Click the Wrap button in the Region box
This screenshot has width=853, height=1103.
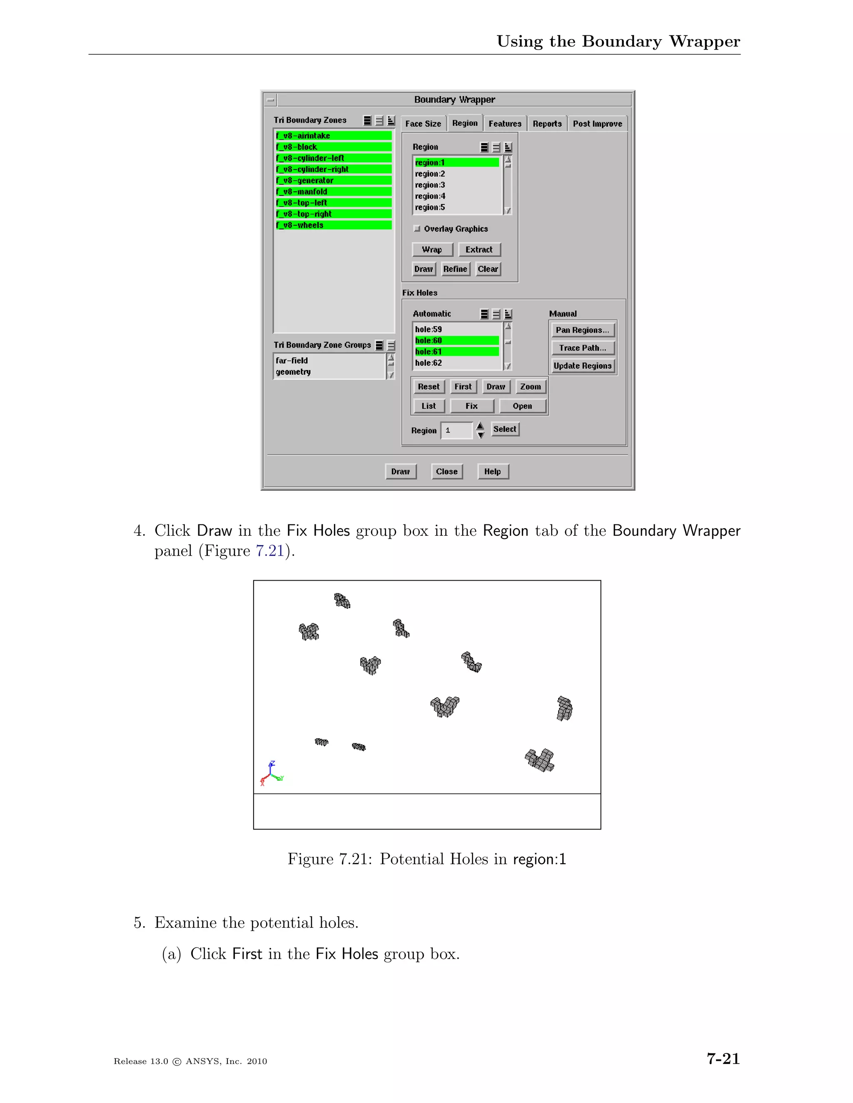click(432, 249)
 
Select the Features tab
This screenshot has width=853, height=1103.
click(504, 124)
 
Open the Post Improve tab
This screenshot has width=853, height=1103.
click(597, 124)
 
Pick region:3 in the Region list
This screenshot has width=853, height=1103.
click(430, 185)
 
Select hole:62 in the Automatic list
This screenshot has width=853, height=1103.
click(429, 363)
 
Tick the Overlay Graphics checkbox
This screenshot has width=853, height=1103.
click(417, 229)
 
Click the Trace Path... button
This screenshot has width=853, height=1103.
click(582, 348)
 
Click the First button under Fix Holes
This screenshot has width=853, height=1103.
click(462, 387)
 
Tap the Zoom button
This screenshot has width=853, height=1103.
click(530, 387)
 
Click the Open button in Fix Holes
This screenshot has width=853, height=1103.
click(522, 406)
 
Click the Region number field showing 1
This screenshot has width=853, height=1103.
click(456, 430)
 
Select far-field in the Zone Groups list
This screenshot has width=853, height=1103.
click(292, 360)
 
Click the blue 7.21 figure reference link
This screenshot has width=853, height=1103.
click(270, 551)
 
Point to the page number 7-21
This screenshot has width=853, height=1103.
click(723, 1058)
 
